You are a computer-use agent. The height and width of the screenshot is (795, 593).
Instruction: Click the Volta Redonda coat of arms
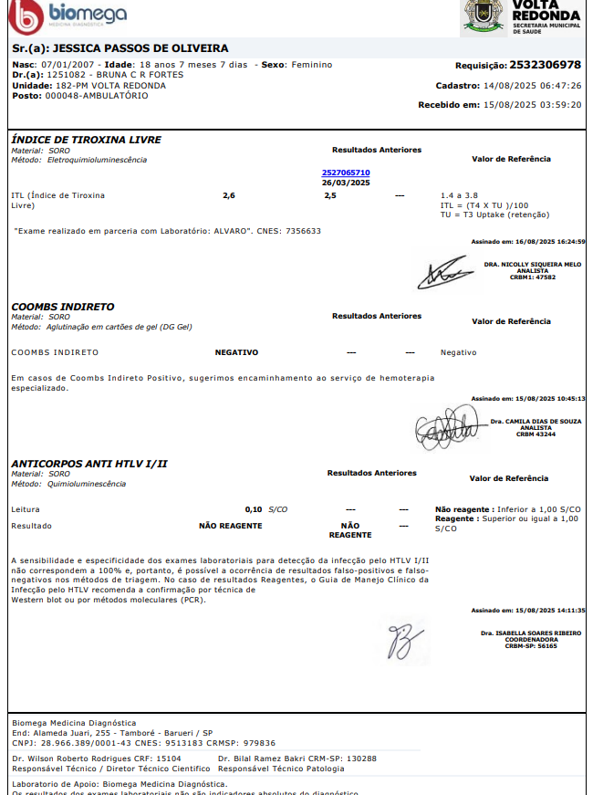tap(483, 16)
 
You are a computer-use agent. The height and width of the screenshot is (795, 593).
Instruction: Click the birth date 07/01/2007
tap(68, 65)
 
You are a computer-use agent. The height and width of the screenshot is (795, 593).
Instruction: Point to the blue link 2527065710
tap(346, 172)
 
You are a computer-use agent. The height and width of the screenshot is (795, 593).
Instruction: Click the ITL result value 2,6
tap(229, 195)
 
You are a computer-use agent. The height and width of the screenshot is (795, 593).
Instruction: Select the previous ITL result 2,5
tap(330, 195)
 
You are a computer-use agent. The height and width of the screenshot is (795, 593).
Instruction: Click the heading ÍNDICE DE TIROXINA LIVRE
tap(86, 140)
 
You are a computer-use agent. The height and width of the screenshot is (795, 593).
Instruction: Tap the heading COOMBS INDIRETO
tap(62, 307)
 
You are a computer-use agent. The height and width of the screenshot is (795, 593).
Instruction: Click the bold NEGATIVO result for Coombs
tap(236, 352)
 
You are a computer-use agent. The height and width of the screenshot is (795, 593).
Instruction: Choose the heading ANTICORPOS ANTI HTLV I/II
tap(88, 464)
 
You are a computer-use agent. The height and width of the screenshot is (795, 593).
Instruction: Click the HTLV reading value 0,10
tap(254, 508)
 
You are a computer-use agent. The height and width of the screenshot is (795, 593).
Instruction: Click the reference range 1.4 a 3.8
tap(460, 195)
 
